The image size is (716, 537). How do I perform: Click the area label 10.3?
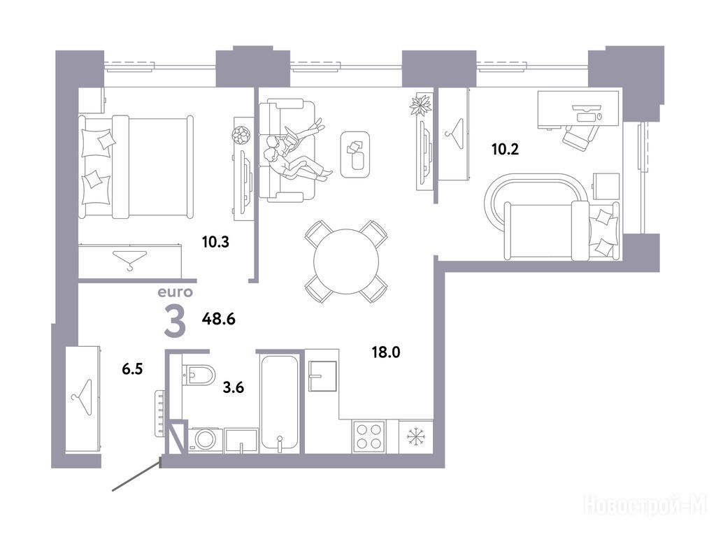(x=215, y=241)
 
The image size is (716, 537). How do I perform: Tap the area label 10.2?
(x=505, y=149)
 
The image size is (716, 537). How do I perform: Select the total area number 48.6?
(x=219, y=319)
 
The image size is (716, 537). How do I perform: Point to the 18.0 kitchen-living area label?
(x=386, y=352)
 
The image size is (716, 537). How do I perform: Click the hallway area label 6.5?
(x=132, y=368)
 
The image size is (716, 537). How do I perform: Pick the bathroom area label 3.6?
(x=234, y=387)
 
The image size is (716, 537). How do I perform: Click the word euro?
(x=176, y=292)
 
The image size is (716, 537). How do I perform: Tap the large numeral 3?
(x=175, y=322)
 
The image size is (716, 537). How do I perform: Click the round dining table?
(x=346, y=262)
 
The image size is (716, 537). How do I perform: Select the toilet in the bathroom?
(x=199, y=375)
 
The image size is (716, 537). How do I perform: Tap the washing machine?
(x=205, y=441)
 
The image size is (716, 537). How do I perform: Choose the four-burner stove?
(x=369, y=436)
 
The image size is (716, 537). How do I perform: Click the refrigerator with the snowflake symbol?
(x=415, y=436)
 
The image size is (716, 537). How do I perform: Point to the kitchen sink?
(x=322, y=376)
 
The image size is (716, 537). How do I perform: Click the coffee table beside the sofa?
(x=355, y=155)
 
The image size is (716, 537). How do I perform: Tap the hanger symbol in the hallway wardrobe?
(x=83, y=398)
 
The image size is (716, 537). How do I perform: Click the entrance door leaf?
(x=136, y=477)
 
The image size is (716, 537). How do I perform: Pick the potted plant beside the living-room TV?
(x=420, y=105)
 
